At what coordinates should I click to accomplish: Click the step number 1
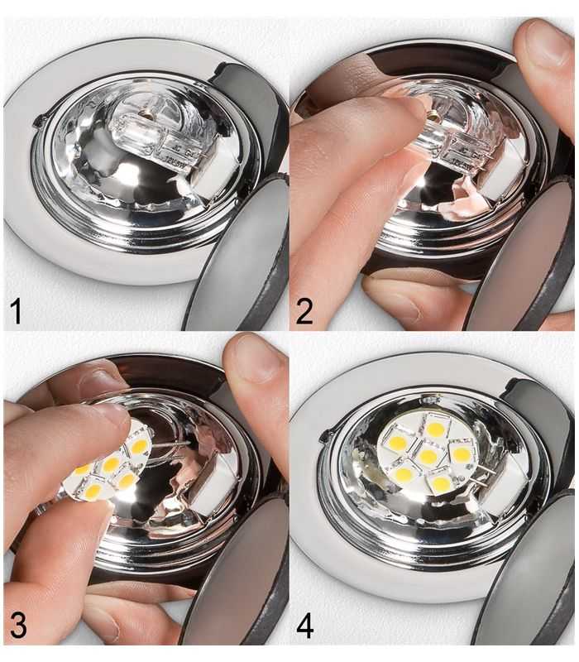[x=17, y=312]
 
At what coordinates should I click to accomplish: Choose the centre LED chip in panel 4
[x=428, y=456]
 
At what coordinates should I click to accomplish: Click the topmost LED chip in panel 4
[x=434, y=429]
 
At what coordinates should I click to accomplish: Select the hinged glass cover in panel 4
[x=529, y=579]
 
